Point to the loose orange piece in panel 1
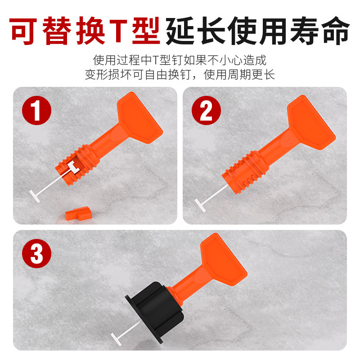point(78,213)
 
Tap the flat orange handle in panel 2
point(310,121)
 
